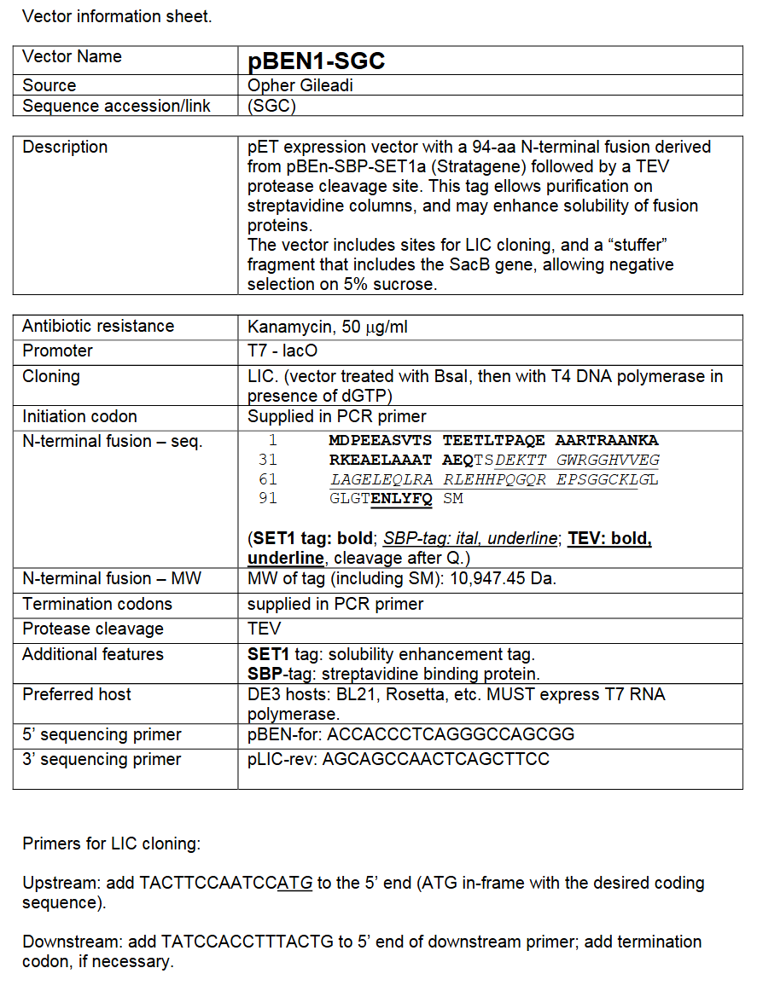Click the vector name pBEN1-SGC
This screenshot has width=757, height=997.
click(x=316, y=61)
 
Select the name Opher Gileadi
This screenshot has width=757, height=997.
click(x=300, y=85)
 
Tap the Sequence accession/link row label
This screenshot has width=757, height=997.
click(x=116, y=106)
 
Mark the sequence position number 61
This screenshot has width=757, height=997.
click(x=268, y=479)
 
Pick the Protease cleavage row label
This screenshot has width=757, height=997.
click(x=92, y=629)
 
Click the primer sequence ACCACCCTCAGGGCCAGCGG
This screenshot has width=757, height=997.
click(x=451, y=734)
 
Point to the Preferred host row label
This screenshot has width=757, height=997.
click(x=77, y=694)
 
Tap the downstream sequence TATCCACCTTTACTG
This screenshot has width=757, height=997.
click(x=247, y=942)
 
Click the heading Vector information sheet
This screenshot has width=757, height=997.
click(x=117, y=16)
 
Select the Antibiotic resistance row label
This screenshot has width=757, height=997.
click(x=98, y=327)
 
